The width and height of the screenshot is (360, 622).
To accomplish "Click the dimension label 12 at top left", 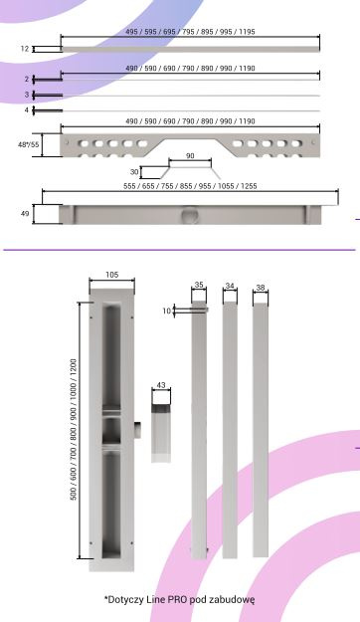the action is tap(25, 49).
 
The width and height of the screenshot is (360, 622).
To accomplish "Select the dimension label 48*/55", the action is tap(29, 144).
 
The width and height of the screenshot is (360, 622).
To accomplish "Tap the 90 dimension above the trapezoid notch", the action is tap(190, 156).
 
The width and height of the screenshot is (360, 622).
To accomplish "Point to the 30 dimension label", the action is tap(134, 172).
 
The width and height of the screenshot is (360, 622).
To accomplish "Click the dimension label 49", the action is tap(25, 214).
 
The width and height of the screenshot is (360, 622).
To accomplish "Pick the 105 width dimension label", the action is tap(111, 275).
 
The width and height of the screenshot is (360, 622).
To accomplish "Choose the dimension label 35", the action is tap(199, 285).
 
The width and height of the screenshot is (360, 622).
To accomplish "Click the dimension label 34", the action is tap(230, 286).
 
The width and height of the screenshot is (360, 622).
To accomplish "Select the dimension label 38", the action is tap(261, 288).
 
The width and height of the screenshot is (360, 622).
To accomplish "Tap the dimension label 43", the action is tap(161, 385).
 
